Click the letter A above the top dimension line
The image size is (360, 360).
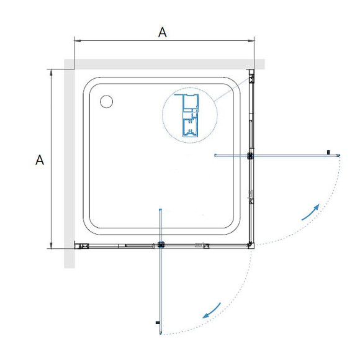(x=162, y=32)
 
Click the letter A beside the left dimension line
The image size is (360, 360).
(x=40, y=160)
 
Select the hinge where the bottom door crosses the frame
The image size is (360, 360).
(x=161, y=245)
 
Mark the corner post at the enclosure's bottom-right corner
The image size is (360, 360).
(x=250, y=245)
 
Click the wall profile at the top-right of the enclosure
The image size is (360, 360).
(x=251, y=78)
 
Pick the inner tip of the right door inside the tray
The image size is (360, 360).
(x=215, y=155)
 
